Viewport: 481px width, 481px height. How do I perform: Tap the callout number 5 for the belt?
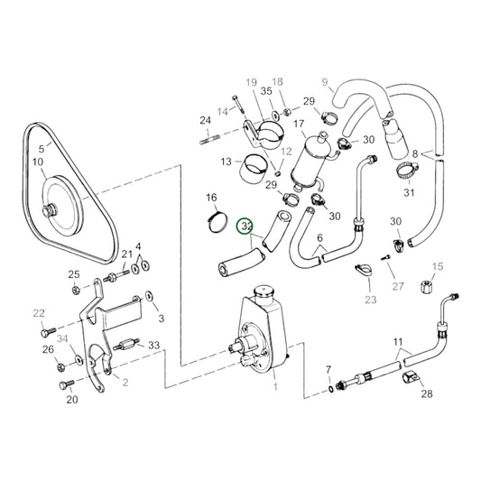point(40,149)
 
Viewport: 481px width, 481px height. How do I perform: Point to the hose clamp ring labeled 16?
point(213,218)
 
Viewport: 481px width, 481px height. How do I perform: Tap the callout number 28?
point(426,393)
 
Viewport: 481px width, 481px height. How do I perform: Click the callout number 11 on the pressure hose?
point(396,342)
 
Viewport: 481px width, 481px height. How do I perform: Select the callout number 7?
point(328,370)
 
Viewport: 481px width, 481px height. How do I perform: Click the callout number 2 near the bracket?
point(125,382)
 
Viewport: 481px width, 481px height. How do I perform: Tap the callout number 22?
point(38,313)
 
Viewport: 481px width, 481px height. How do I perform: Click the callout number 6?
point(319,239)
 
